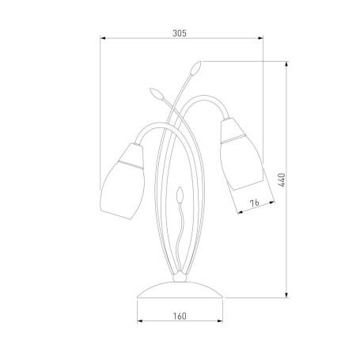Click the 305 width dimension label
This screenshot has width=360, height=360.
tap(180, 33)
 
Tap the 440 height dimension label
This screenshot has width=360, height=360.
tap(282, 180)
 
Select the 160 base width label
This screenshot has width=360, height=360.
tap(180, 316)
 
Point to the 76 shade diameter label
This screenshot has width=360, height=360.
tap(255, 203)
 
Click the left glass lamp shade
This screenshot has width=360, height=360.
tap(123, 181)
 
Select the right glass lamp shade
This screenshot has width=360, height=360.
tap(241, 153)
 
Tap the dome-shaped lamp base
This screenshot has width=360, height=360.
tap(180, 290)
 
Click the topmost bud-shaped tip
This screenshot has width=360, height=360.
tap(196, 68)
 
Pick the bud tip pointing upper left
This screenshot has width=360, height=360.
tap(157, 94)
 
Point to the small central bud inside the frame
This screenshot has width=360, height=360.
tap(180, 195)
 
